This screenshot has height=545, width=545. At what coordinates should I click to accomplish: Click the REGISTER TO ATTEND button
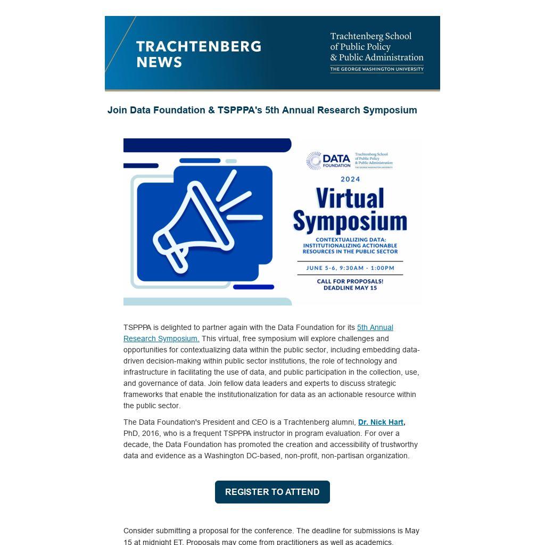click(272, 492)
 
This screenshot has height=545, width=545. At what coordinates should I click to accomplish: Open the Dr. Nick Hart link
click(381, 422)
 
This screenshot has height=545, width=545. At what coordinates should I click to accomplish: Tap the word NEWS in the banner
click(159, 62)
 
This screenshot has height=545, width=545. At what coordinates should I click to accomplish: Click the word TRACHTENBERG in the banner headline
click(199, 46)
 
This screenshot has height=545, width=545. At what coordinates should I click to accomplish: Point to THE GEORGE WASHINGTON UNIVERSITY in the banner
click(376, 69)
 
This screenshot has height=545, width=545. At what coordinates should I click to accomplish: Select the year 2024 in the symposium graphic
click(350, 179)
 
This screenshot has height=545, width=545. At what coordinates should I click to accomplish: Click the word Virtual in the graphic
click(350, 199)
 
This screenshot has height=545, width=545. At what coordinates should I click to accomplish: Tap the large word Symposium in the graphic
click(350, 220)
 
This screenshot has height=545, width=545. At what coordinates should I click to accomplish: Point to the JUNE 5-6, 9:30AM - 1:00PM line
click(350, 268)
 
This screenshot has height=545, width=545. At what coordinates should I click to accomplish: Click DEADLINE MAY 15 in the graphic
click(350, 288)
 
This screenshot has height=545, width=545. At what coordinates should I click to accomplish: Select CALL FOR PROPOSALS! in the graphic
click(350, 281)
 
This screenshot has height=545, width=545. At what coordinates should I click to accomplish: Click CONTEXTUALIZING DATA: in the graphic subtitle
click(350, 240)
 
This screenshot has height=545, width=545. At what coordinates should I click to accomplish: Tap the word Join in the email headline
click(117, 110)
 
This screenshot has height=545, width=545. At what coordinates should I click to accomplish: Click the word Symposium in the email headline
click(390, 110)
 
